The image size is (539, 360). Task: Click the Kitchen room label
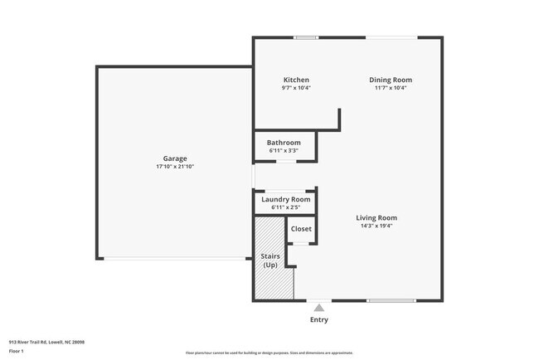(x=296, y=80)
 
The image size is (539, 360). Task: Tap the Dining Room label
(x=390, y=80)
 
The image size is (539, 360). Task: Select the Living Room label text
(x=376, y=217)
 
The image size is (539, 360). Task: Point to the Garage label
(x=174, y=158)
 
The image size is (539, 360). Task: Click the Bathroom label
(x=284, y=143)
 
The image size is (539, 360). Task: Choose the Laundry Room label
(x=285, y=199)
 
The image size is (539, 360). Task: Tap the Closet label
(x=301, y=228)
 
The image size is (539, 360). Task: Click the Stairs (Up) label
(x=270, y=260)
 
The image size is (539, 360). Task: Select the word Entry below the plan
(x=318, y=319)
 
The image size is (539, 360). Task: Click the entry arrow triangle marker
(x=318, y=308)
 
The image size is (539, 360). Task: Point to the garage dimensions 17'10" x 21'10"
(x=174, y=167)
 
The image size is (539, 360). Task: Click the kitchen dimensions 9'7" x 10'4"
(x=296, y=88)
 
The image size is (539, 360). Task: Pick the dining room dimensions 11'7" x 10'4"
(x=390, y=88)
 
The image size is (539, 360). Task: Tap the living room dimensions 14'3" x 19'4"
(x=376, y=226)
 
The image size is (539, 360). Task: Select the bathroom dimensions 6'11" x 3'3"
(x=284, y=151)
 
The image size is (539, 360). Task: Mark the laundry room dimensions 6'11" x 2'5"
(x=285, y=207)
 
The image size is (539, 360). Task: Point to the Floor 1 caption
(x=17, y=352)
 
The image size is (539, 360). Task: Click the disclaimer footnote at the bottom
(x=269, y=353)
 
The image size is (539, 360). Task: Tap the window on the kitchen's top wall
(x=305, y=37)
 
